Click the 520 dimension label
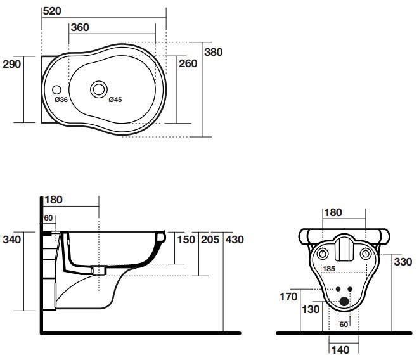(52, 11)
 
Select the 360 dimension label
(80, 27)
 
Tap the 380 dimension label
(214, 52)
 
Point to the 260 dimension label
(188, 63)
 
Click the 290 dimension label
(12, 64)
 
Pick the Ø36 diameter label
(61, 100)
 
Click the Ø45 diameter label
(115, 100)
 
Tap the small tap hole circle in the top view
(56, 90)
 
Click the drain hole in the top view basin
(99, 89)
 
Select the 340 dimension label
(12, 240)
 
